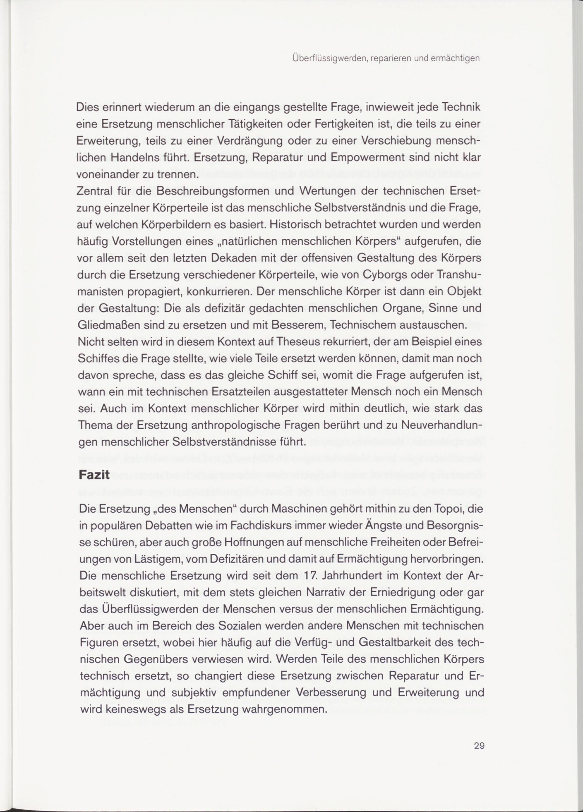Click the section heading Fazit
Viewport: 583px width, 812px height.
(94, 475)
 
